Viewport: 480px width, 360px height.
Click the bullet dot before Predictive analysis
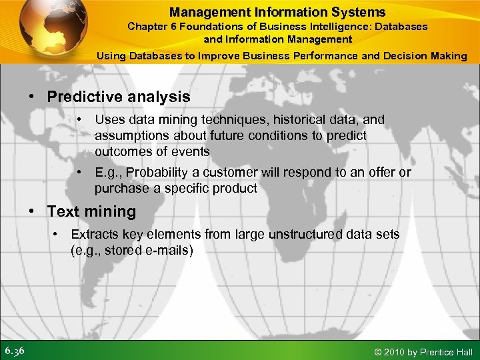[x=32, y=97]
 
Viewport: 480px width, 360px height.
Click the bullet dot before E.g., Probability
[x=79, y=173]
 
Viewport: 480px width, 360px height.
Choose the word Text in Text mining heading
[x=63, y=212]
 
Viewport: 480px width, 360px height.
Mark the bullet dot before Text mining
[x=32, y=212]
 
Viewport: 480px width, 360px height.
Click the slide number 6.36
[x=14, y=351]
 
